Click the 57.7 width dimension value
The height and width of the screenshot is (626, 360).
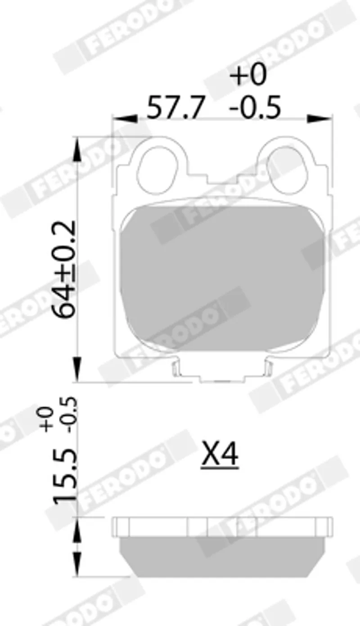[174, 107]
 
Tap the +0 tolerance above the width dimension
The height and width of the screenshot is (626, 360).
[248, 75]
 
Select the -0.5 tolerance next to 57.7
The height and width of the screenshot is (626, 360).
[254, 107]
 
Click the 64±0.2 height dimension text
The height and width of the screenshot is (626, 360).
[64, 270]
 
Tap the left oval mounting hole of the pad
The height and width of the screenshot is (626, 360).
[158, 171]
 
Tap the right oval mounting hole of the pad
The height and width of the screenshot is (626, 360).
[286, 171]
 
